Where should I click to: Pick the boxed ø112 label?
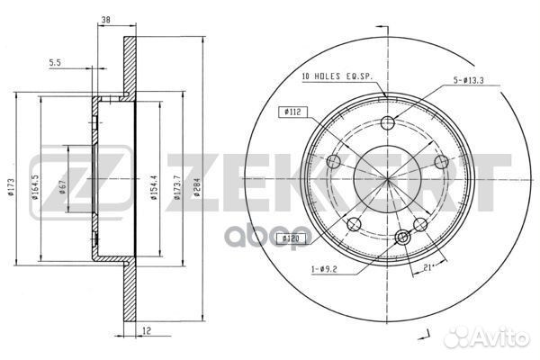[x=292, y=112]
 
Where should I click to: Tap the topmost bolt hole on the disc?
[x=388, y=124]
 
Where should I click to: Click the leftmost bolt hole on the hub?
[x=332, y=163]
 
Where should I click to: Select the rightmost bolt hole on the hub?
[x=441, y=162]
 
